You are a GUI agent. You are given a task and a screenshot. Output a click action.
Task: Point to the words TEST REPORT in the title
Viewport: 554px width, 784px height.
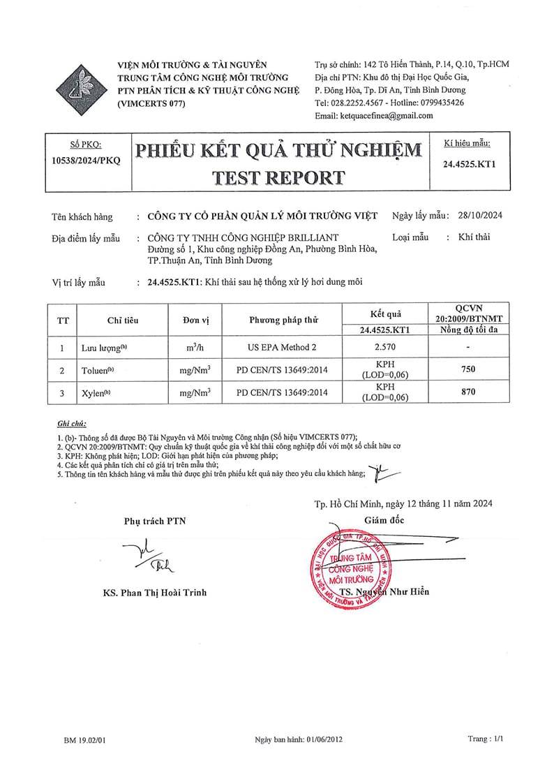point(278,177)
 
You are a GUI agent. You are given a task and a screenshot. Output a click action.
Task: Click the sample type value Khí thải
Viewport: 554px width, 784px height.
point(474,237)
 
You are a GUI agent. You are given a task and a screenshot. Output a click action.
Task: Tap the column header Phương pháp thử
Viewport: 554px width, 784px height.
point(283,320)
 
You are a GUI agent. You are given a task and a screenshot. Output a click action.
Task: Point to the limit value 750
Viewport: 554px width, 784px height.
point(467,370)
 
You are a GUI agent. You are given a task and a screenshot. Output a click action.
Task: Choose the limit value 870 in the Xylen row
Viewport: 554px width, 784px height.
point(467,393)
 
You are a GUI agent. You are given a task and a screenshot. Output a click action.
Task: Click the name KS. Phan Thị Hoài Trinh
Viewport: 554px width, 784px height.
point(155,593)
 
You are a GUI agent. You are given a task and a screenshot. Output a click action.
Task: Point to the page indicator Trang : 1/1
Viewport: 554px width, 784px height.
point(485,738)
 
